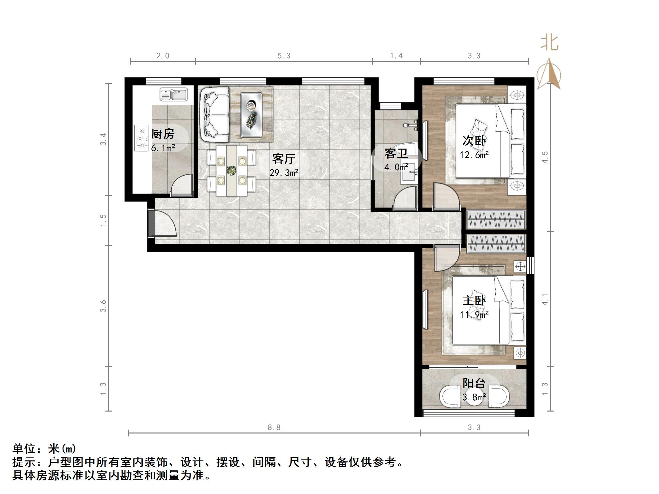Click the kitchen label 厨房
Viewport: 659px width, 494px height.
pos(163,134)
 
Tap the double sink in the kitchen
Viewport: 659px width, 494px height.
pos(174,94)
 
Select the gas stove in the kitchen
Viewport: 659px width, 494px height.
pos(141,138)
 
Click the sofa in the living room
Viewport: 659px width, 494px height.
pos(215,114)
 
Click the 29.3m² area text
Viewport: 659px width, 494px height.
pos(284,173)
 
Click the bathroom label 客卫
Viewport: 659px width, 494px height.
pos(396,153)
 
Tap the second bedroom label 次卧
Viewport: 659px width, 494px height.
pos(474,141)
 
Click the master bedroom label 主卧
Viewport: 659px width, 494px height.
pos(474,301)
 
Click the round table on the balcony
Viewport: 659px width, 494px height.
pos(474,397)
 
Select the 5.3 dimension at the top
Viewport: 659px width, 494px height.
pos(284,56)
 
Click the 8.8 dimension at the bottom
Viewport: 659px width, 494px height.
pos(274,428)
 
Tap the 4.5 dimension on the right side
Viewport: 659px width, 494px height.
pos(545,157)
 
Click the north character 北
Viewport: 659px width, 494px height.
pos(549,44)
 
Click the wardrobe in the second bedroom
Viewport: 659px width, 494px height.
pos(496,219)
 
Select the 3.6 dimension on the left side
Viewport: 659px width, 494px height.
pos(103,306)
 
